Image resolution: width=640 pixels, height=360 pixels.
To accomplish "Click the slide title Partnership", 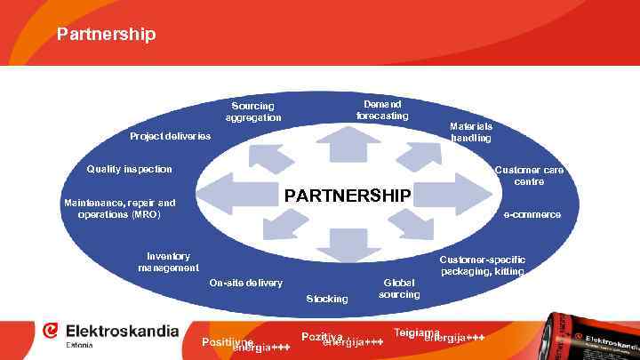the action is coord(106,35).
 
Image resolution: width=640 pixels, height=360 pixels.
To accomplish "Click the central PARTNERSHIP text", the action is coord(347,195).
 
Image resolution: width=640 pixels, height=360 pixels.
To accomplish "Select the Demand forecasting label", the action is coord(382,110).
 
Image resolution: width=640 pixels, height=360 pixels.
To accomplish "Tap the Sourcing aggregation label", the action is coord(252,112).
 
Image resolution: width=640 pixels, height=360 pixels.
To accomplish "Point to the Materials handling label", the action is coord(471,132).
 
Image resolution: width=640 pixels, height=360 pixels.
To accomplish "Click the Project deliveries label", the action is coord(171,137).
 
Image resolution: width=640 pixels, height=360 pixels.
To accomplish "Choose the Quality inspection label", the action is coord(129,169).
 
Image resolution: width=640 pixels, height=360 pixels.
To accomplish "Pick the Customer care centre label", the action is coord(529,175).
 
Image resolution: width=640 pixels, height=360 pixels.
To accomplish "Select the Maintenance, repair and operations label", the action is coord(119,209).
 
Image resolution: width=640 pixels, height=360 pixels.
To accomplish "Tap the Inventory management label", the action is coord(169,261).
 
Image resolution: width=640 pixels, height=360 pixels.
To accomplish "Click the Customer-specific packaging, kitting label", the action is coord(483,265).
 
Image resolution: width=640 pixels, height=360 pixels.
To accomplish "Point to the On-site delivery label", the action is coord(245,284).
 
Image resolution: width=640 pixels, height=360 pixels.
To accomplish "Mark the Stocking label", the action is coord(327,299).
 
